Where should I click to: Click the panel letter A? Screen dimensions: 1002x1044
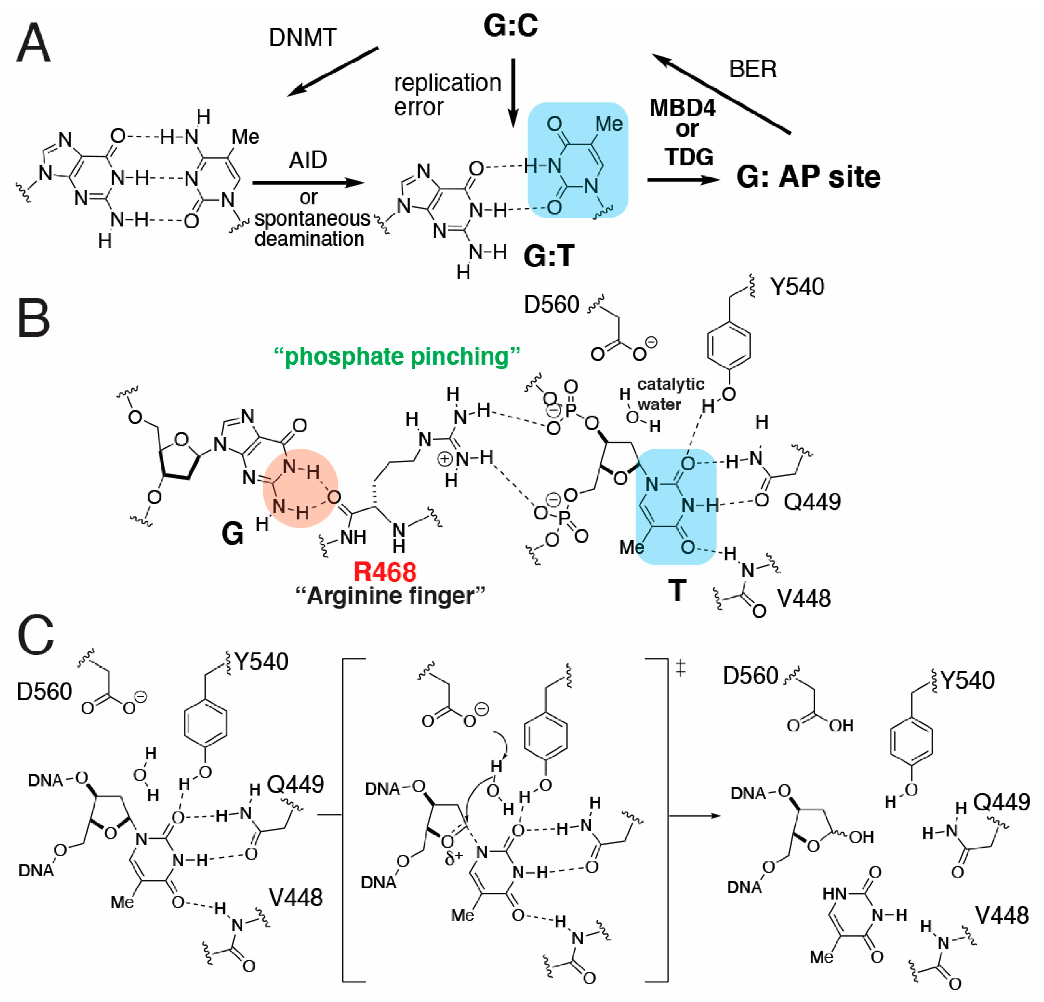33,44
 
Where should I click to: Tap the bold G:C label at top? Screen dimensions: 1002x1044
510,26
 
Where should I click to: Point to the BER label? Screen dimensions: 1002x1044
753,69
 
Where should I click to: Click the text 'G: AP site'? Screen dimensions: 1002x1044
808,177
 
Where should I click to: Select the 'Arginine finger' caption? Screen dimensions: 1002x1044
391,595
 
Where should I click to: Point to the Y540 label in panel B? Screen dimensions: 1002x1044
797,287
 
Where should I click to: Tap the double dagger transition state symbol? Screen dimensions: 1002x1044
680,669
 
